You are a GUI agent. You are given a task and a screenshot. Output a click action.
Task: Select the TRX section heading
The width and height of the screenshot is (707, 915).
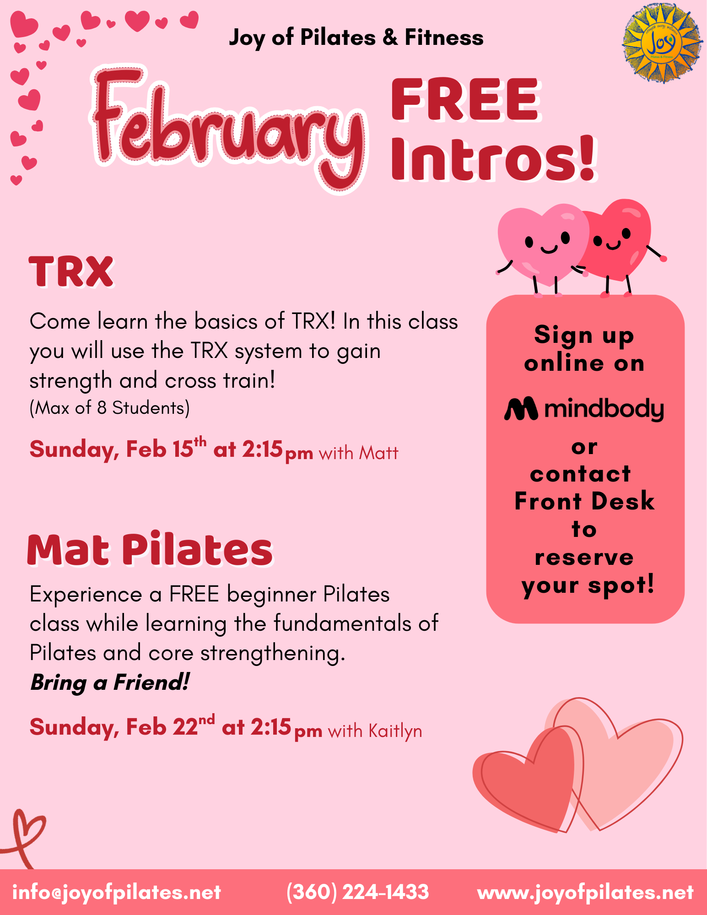point(71,272)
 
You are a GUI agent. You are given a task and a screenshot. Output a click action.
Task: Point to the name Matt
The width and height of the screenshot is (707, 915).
point(378,453)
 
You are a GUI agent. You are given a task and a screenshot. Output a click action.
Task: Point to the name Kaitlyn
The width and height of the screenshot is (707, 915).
point(395,731)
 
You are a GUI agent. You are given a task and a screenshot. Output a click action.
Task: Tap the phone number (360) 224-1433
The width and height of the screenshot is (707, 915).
point(357,892)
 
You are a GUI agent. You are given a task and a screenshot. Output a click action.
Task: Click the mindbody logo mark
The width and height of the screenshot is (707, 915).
point(521,408)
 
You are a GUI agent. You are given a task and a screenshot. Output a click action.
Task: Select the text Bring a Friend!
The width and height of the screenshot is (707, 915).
point(110,682)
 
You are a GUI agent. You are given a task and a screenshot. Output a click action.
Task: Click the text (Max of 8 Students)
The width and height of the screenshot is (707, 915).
point(109,408)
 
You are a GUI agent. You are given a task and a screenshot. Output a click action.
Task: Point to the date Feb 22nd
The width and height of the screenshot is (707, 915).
point(170,726)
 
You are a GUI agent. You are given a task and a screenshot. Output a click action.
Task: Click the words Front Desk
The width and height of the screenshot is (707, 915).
point(584,501)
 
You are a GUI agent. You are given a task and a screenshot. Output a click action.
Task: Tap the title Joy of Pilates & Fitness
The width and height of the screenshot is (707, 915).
point(356,38)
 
